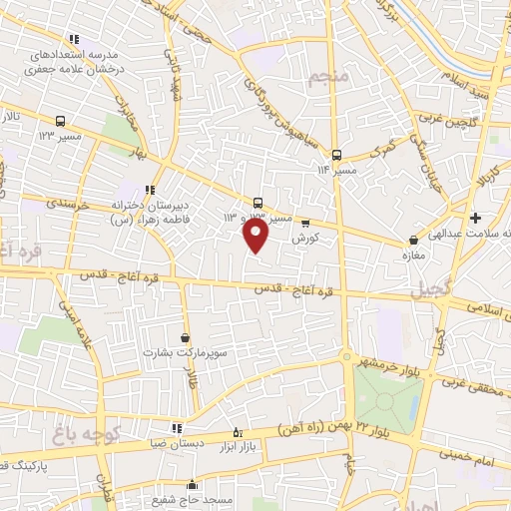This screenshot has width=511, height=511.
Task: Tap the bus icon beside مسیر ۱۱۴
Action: coord(337,155)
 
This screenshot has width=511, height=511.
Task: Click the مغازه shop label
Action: coord(411,253)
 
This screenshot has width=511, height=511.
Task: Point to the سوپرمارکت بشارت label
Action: coord(184,352)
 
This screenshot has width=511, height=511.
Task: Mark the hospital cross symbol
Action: coord(475,218)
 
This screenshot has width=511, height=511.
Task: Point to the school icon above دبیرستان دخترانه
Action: coord(150,190)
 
